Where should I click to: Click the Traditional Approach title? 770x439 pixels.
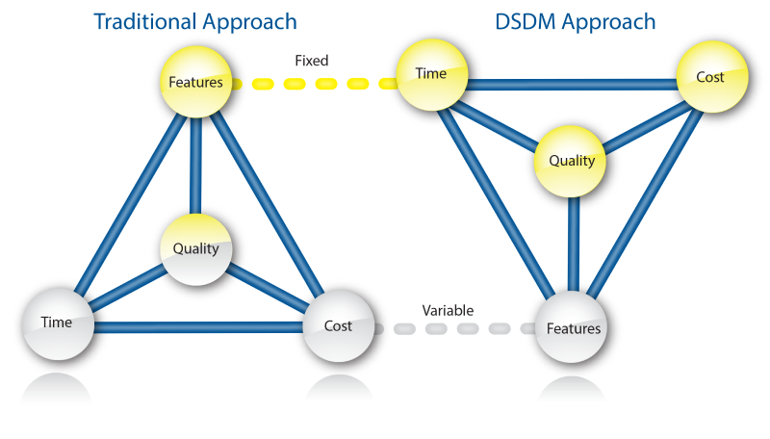pos(195,20)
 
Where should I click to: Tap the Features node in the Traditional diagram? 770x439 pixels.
pos(196,82)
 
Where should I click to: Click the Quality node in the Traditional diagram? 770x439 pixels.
pos(196,248)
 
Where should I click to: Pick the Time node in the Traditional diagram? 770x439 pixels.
pos(57,323)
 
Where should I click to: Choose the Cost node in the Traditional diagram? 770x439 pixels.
pos(338,325)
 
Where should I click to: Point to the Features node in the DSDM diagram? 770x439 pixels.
pos(574,328)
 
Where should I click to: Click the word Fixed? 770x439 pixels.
pos(311,61)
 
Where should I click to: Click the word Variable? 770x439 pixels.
pos(448,311)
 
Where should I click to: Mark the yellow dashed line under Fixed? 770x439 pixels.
pos(313,84)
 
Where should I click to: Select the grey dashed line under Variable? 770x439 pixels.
pos(452,329)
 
